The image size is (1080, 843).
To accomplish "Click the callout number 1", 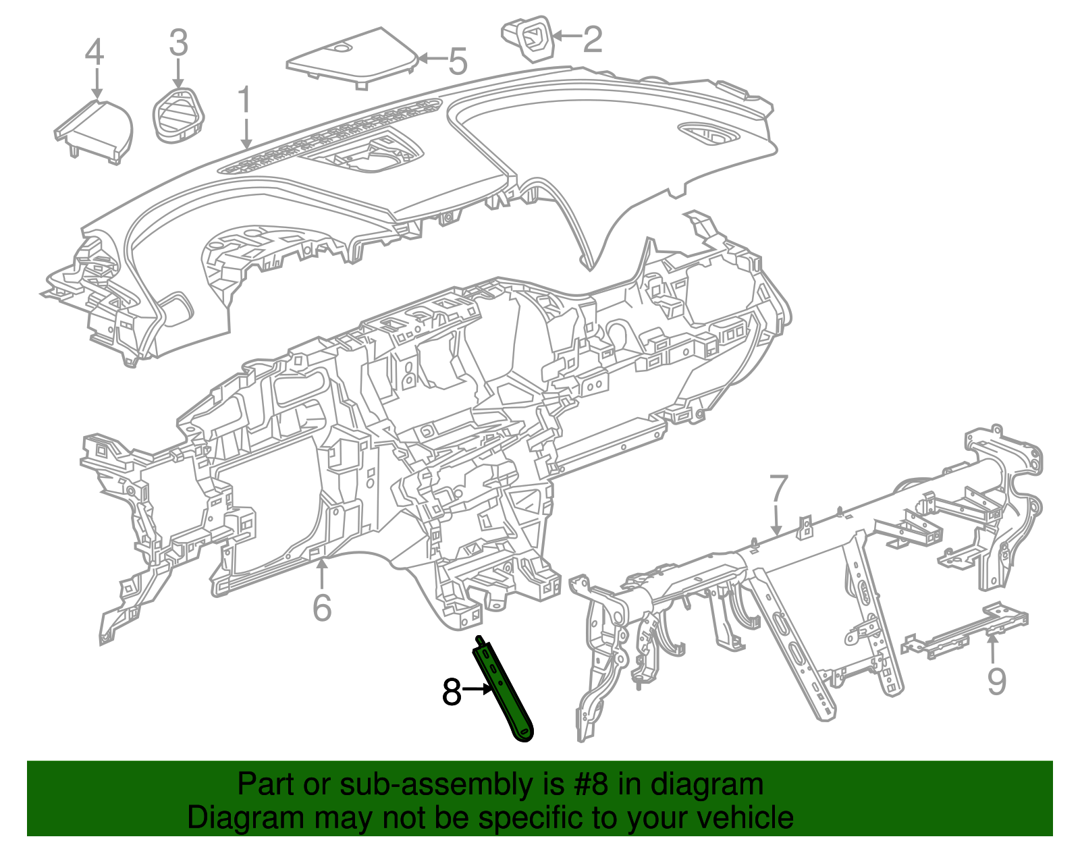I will pos(244,101).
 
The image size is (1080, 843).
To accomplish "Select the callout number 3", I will pos(178,43).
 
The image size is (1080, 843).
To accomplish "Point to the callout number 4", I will pos(94,52).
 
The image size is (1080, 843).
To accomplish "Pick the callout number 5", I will pos(458,62).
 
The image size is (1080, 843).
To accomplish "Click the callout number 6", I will pos(322,607).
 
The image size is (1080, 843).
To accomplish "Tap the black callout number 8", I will pos(452,692).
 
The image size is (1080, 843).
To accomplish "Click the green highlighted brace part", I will pos(506,695).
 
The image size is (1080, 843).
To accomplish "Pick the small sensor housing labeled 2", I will pos(529,38).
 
